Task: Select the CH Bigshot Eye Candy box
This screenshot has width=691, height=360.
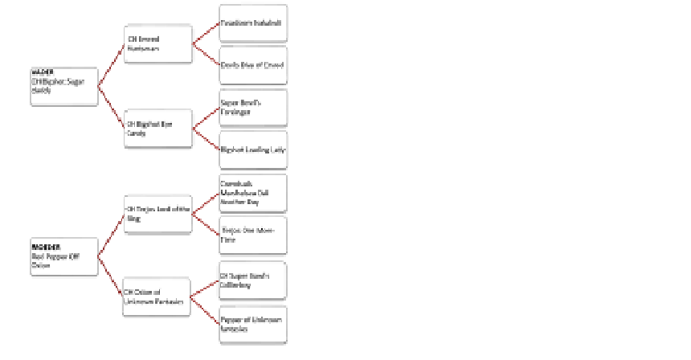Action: click(x=157, y=129)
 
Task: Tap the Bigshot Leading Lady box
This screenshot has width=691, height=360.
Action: click(x=253, y=149)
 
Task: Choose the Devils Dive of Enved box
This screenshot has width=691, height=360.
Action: click(x=253, y=64)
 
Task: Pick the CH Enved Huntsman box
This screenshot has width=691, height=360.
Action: click(x=157, y=43)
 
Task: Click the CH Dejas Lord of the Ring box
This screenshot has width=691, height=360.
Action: click(x=157, y=213)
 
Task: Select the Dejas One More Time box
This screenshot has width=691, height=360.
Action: click(x=253, y=235)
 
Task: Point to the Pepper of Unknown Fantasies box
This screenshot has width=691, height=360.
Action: click(x=253, y=324)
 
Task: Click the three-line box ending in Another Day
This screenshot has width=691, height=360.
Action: click(x=253, y=192)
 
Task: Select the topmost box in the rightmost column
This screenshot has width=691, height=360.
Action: click(x=253, y=23)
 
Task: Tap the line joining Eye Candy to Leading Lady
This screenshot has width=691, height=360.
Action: click(x=206, y=139)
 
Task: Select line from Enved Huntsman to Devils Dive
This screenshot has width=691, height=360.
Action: click(x=206, y=54)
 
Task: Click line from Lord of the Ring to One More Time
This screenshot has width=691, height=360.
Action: click(x=206, y=223)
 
